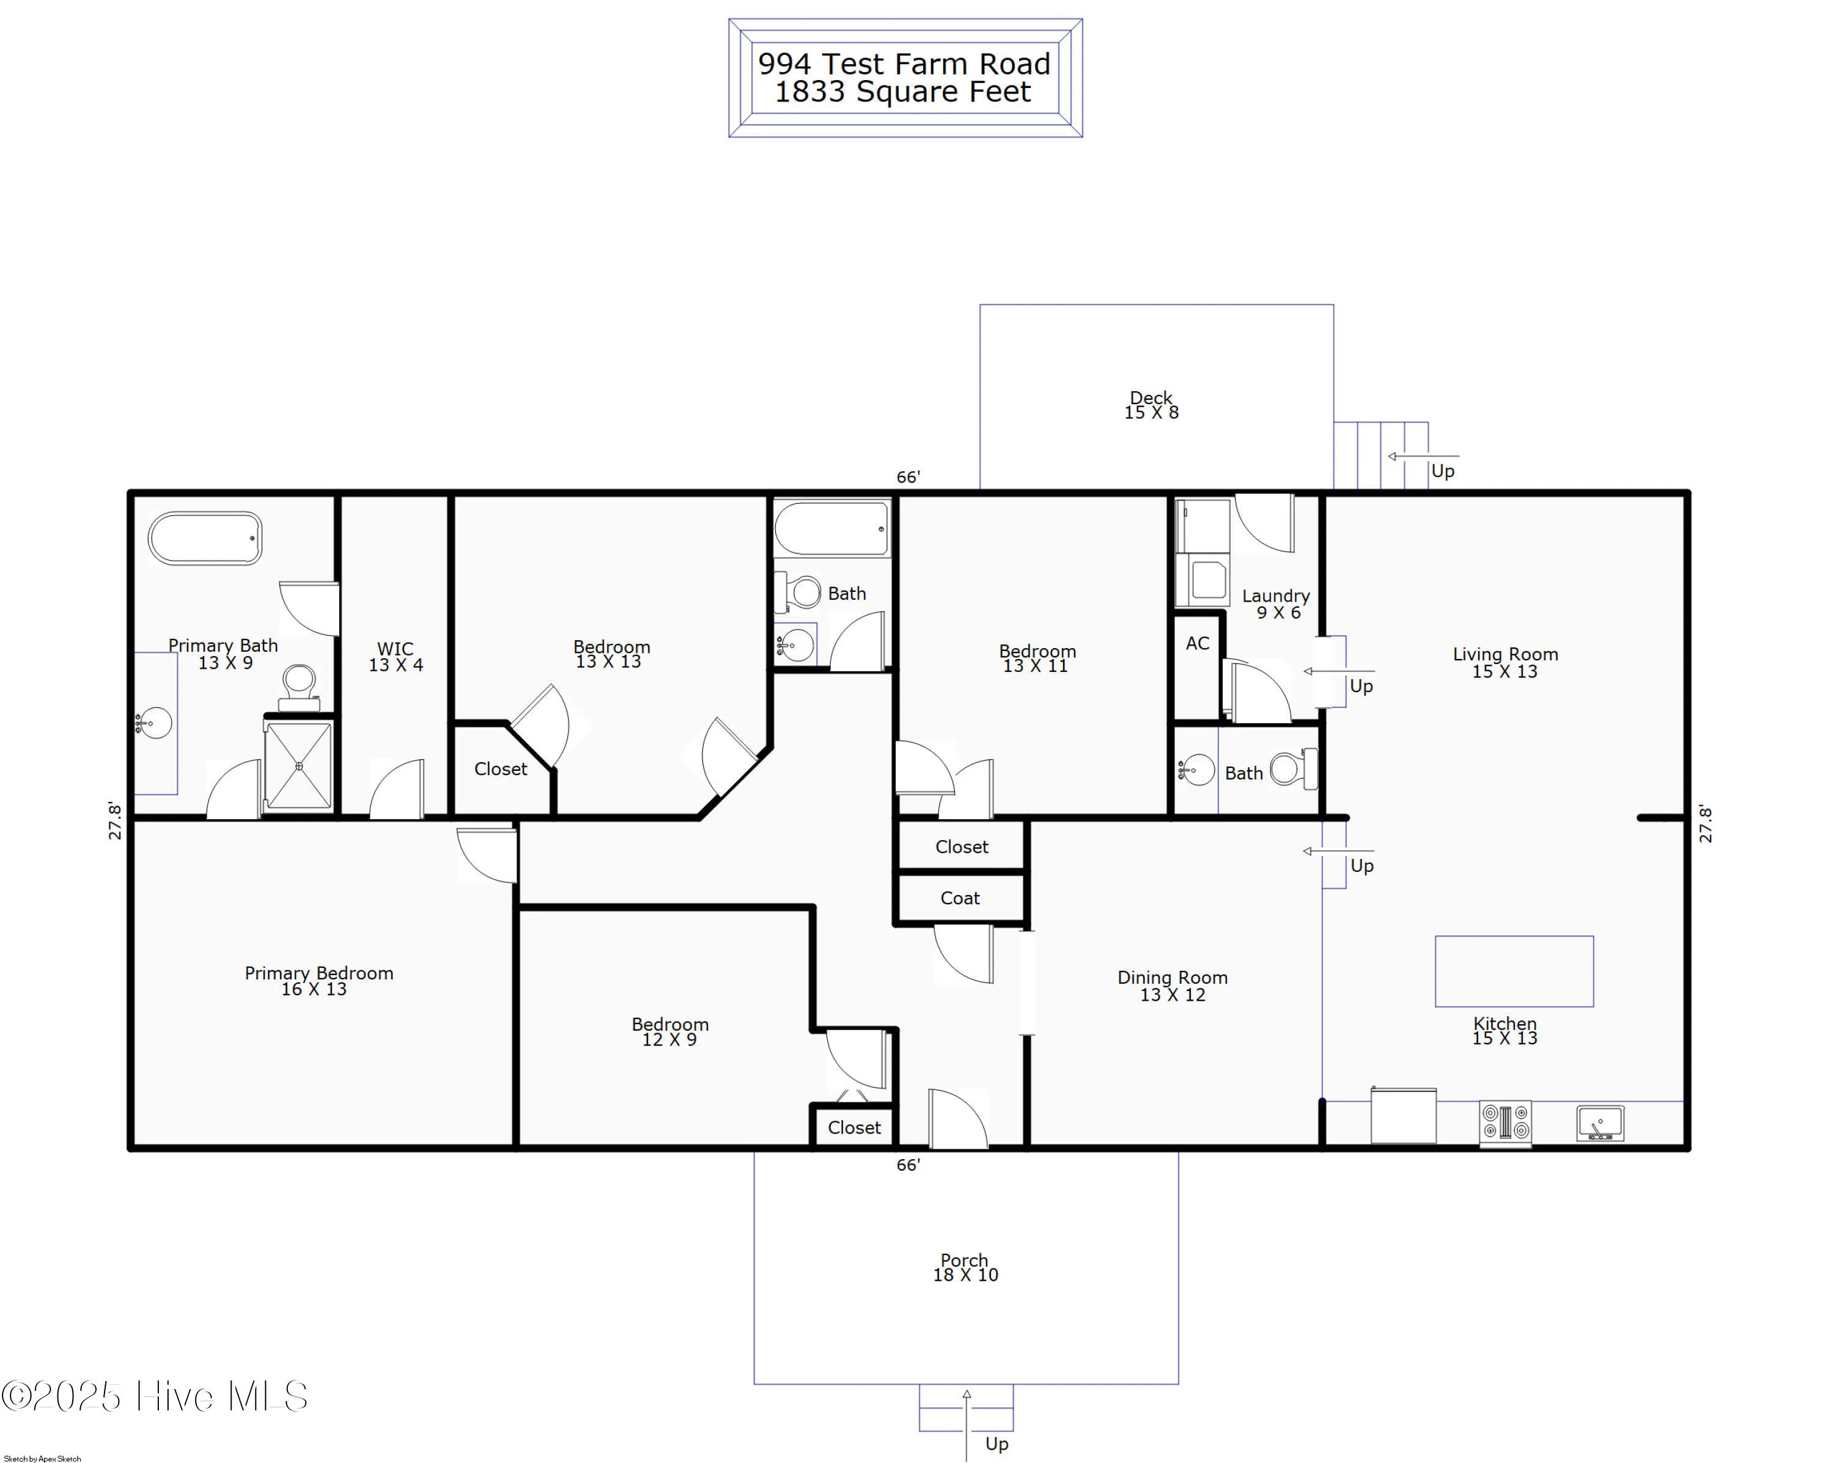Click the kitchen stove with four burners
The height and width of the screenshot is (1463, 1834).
click(1505, 1122)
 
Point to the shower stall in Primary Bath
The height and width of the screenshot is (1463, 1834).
click(298, 765)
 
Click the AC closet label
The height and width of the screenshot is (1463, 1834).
click(1197, 644)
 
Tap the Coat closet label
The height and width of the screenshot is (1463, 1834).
click(960, 898)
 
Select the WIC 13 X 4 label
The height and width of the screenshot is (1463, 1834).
click(396, 657)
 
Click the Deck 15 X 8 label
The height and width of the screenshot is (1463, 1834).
click(1151, 405)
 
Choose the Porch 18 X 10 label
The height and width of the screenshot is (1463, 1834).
click(965, 1267)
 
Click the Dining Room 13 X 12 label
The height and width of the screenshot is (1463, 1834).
click(1172, 986)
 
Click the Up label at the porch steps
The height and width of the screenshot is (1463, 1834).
click(996, 1443)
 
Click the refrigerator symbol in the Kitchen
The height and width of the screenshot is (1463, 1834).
click(1404, 1116)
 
